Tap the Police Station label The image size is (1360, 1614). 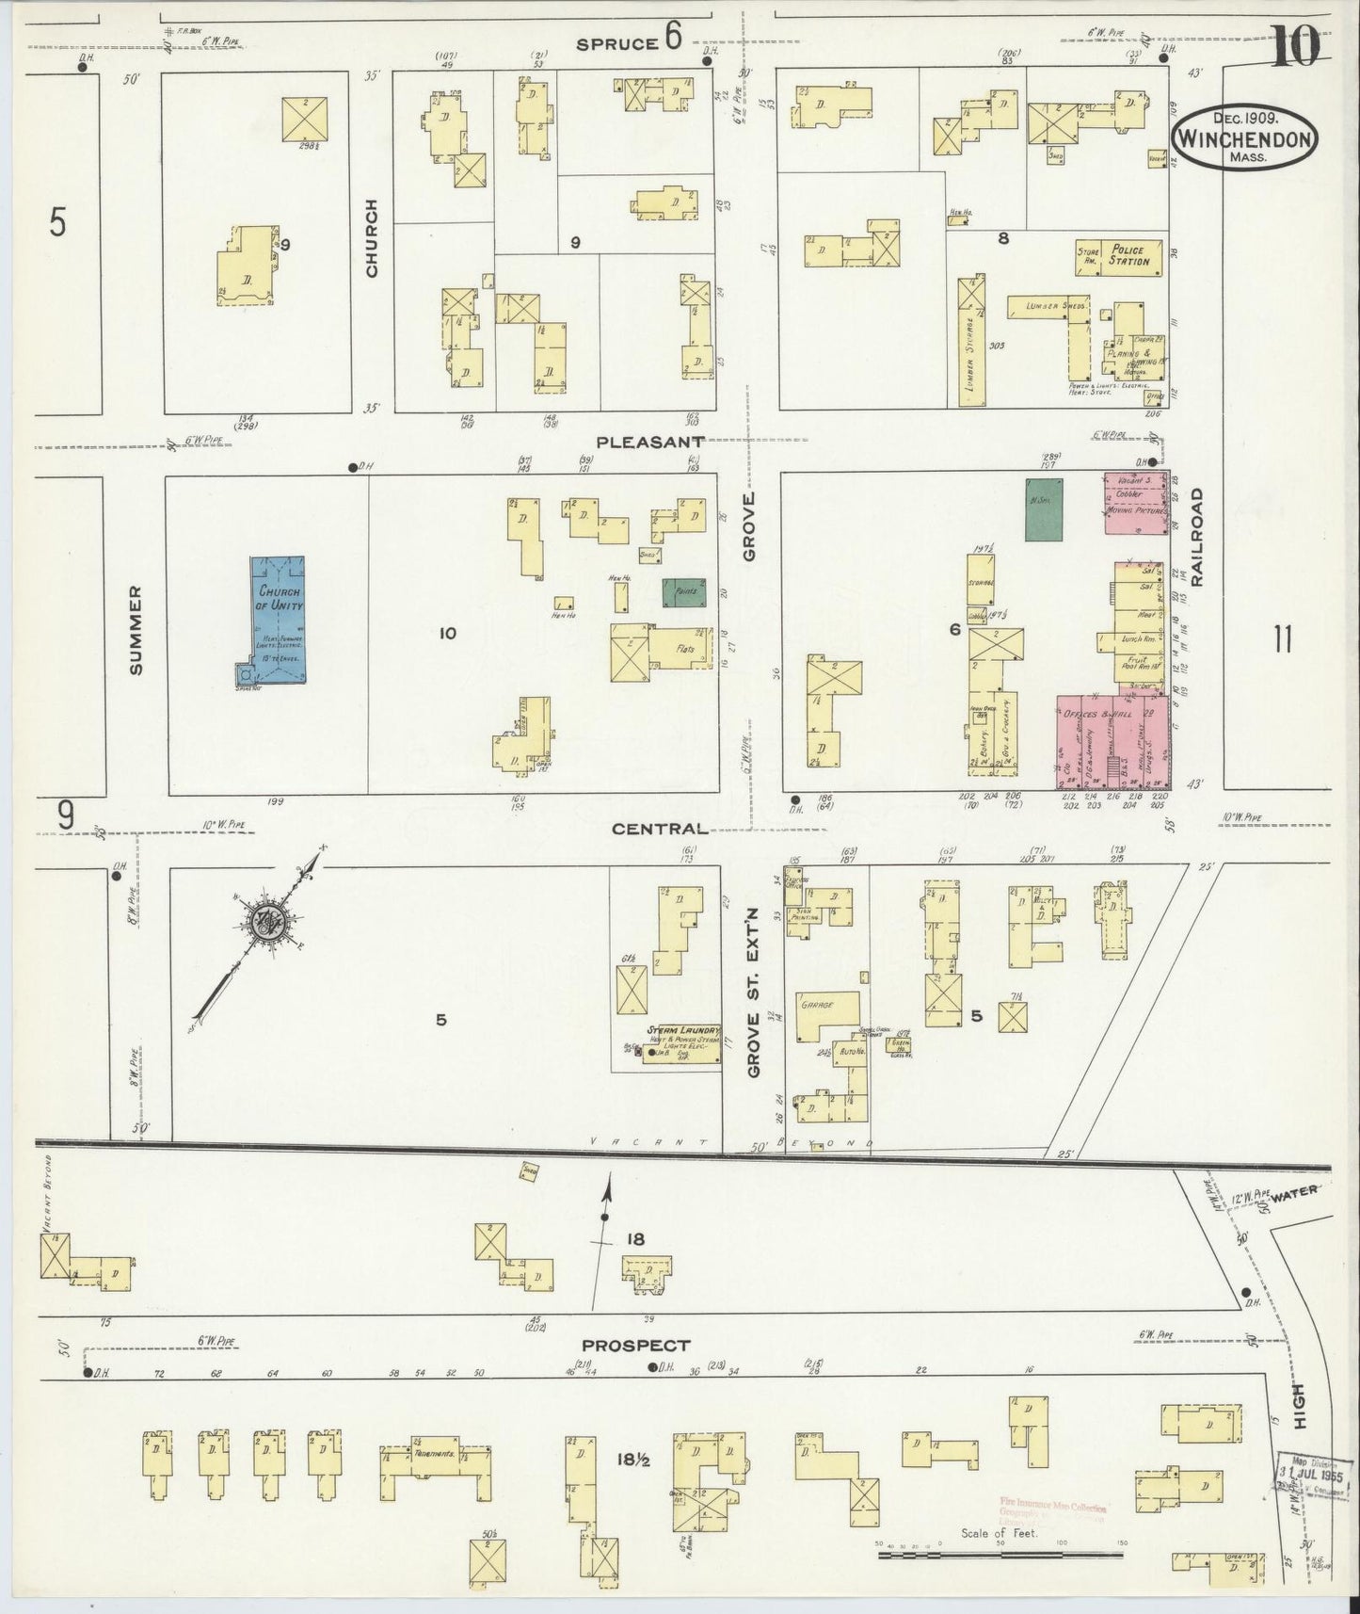(1128, 256)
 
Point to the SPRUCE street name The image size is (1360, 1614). (616, 42)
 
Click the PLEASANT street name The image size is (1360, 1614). (651, 441)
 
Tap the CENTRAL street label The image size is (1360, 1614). (659, 829)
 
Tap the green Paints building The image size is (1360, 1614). (683, 591)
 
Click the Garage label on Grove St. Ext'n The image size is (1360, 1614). (817, 1006)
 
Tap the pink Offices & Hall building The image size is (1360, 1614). (1111, 742)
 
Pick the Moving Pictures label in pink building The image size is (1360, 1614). (1137, 514)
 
